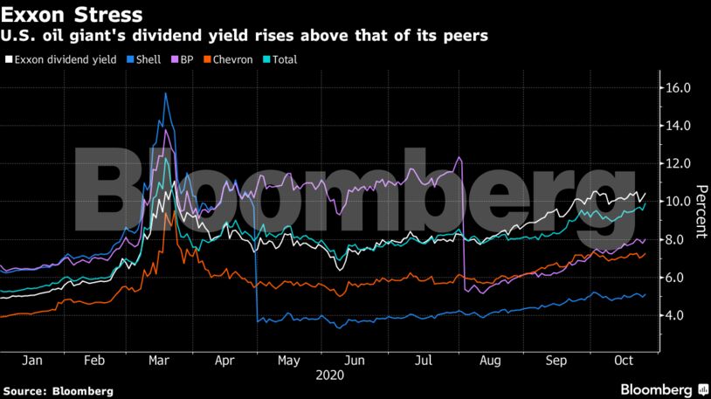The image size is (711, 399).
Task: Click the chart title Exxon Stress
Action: tap(72, 15)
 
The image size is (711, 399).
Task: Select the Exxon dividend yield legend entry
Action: tap(60, 59)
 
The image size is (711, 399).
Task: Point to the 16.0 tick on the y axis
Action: tap(679, 88)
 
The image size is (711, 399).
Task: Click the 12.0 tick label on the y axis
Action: tap(679, 164)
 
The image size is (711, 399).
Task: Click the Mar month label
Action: tap(158, 360)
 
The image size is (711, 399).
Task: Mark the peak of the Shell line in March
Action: tap(165, 93)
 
